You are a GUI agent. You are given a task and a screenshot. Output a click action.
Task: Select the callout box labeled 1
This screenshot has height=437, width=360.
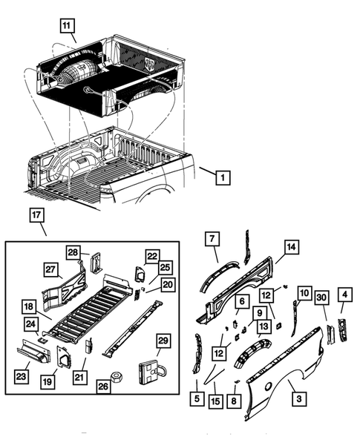(x=223, y=177)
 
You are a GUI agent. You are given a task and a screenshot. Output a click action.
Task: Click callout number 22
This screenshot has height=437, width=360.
(x=152, y=256)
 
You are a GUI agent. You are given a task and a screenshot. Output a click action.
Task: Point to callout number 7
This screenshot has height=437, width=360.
(x=212, y=238)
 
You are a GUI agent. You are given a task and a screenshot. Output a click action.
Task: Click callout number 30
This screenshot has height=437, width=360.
(x=321, y=298)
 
